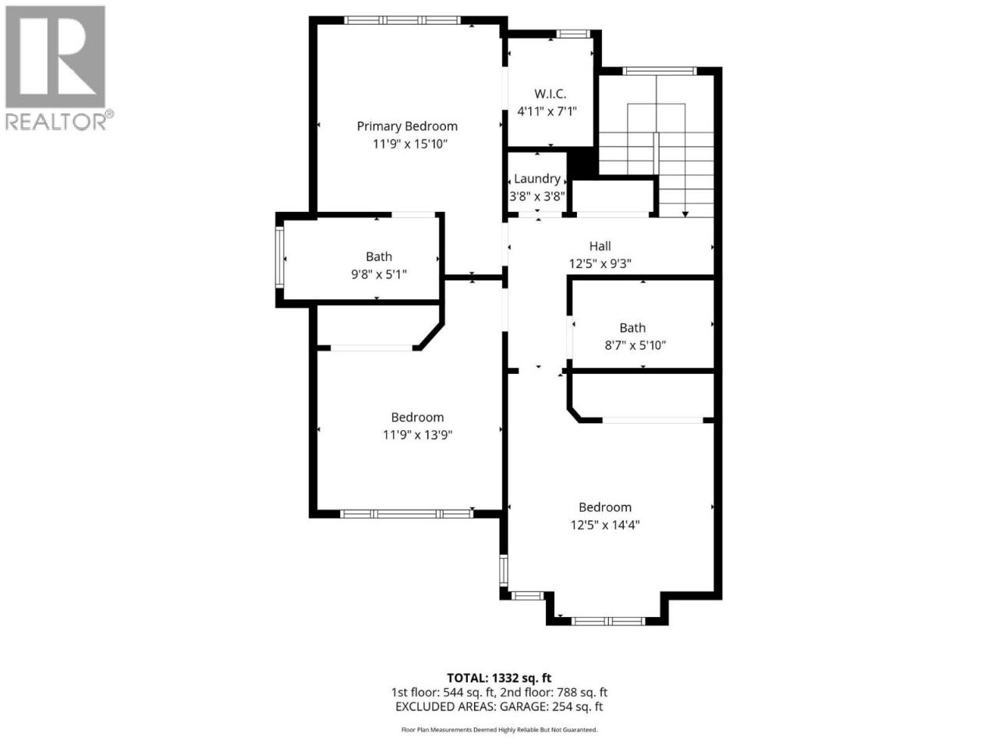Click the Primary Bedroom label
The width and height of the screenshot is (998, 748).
coord(407,127)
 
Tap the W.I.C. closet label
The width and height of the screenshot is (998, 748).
coord(550,94)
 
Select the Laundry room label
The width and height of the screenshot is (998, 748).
coord(537,179)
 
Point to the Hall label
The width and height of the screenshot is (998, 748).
coord(600,246)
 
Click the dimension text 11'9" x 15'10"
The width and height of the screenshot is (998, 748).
coord(410,144)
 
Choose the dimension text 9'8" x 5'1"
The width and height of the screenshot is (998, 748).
coord(379,274)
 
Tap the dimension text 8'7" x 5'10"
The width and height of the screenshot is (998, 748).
coord(635,346)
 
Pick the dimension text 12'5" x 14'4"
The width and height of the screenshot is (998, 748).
coord(605,525)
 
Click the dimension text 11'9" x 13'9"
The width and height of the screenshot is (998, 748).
coord(417,435)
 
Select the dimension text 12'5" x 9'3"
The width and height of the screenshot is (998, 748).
coord(600,264)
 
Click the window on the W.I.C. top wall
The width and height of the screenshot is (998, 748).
coord(573,34)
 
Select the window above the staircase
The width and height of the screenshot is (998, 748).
coord(660,71)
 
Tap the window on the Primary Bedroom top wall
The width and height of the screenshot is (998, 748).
coord(402,20)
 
